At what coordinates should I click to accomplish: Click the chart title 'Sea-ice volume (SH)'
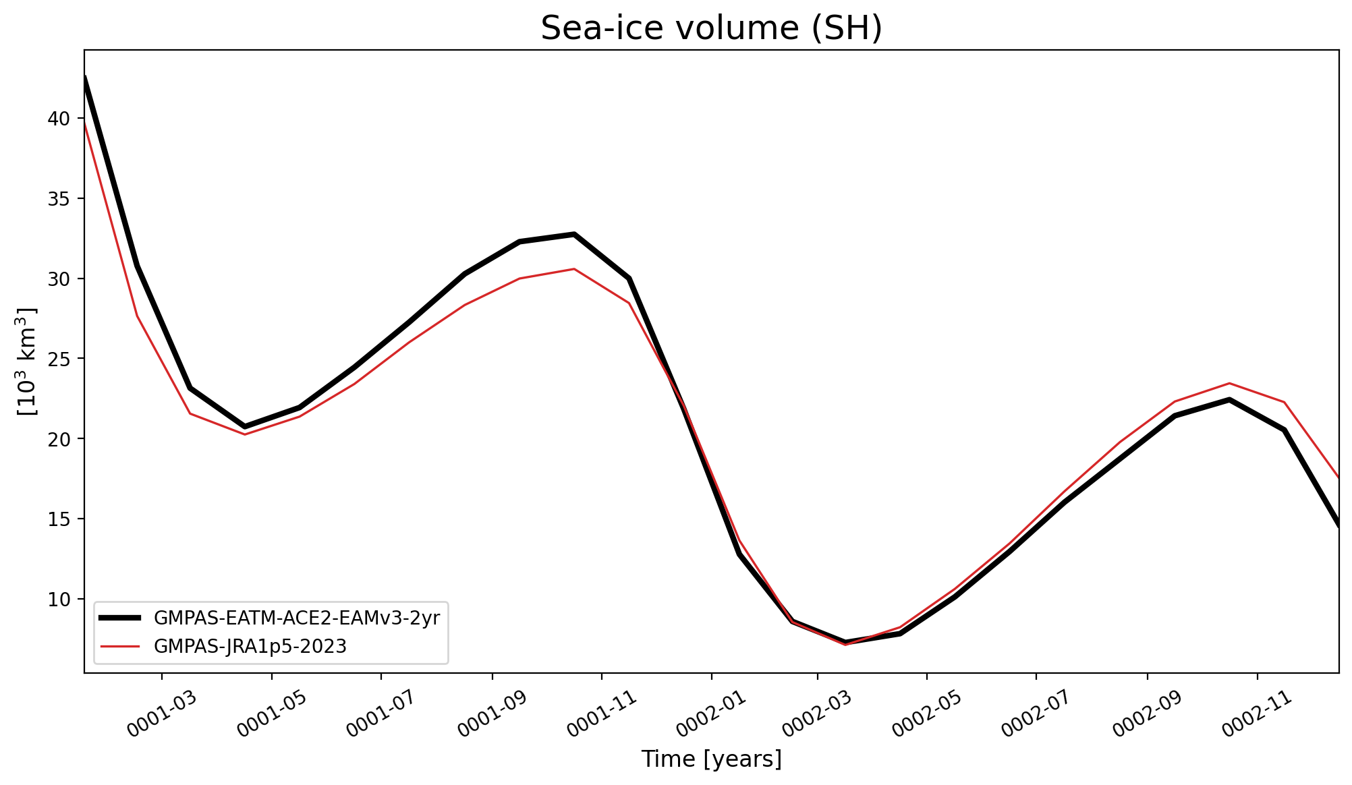coord(711,28)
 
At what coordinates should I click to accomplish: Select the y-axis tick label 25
coord(59,359)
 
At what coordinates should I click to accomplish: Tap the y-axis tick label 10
coord(59,599)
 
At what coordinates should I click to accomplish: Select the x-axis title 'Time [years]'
coord(711,759)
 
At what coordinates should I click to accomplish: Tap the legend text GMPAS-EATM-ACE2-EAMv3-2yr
coord(297,618)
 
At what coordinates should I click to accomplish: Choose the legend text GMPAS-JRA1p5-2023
coord(250,646)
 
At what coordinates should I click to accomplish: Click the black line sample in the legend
coord(120,618)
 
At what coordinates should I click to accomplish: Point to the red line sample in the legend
coord(120,646)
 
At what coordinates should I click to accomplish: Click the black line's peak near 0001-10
coord(574,234)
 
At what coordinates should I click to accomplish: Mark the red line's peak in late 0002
coord(1229,383)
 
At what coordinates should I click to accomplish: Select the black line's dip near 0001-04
coord(244,426)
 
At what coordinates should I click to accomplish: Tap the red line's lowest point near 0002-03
coord(845,644)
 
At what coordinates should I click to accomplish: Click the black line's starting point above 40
coord(85,77)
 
